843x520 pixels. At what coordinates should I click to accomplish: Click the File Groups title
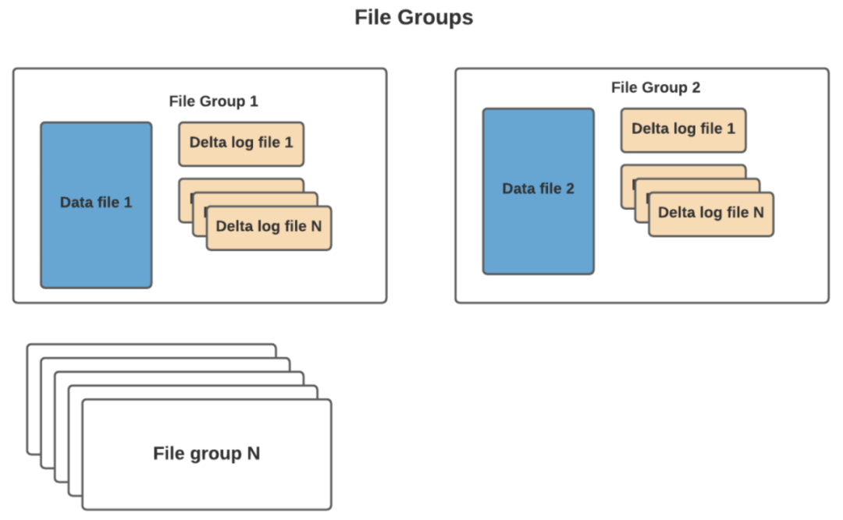414,17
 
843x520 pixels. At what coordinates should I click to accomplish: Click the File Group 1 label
213,101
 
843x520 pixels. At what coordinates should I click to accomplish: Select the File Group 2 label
656,87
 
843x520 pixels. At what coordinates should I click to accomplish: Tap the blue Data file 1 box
96,205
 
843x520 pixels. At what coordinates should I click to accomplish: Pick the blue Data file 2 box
538,191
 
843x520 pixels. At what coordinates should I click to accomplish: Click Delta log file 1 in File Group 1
241,143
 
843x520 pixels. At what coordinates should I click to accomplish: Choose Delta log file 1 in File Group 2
683,130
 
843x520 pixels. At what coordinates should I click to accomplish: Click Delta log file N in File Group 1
269,228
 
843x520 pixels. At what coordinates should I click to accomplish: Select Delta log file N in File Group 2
711,214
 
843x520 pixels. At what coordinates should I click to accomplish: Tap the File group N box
207,455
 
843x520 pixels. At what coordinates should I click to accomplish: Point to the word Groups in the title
436,18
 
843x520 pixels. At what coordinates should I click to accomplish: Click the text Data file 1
96,203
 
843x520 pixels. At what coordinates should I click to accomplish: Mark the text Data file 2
538,189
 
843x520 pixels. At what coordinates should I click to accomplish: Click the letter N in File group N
254,454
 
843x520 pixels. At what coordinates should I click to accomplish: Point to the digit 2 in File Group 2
696,87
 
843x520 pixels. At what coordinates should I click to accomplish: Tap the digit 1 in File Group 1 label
254,101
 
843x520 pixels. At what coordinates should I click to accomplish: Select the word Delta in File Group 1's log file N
232,226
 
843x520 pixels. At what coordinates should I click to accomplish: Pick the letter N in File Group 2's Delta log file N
759,212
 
